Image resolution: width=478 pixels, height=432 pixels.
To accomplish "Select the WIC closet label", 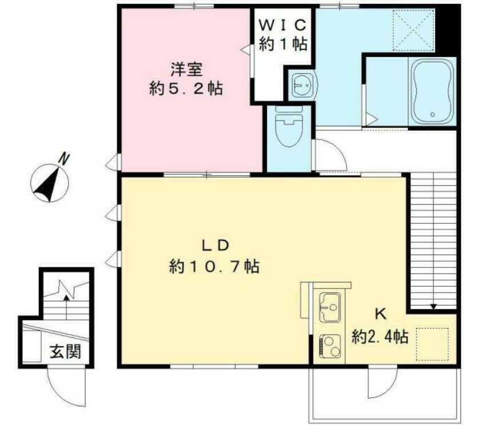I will [284, 25].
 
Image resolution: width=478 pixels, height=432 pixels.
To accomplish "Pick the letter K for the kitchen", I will [379, 314].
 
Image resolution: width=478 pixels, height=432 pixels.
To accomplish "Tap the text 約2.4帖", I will [380, 336].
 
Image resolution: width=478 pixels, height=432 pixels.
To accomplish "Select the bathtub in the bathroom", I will [432, 91].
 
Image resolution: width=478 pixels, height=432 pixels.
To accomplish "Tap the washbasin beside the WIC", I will [301, 86].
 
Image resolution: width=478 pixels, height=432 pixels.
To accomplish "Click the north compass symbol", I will [49, 183].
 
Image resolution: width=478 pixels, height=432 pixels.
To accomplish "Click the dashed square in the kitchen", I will [433, 344].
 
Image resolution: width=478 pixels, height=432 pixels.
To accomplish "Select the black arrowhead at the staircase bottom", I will [433, 307].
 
